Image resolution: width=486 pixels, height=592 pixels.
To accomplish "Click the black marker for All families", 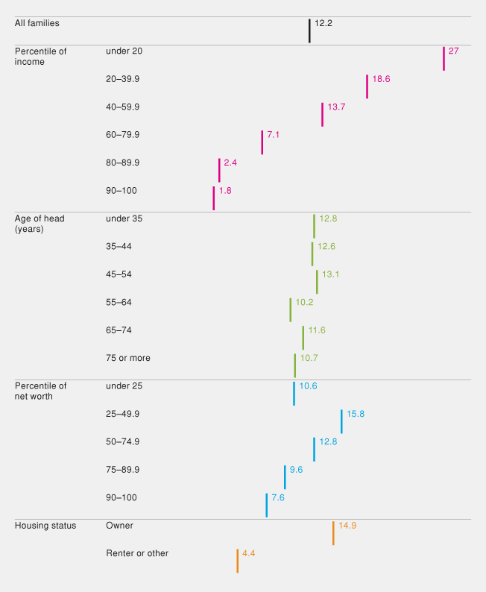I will [309, 31].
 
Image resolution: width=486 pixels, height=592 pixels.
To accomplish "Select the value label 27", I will [453, 51].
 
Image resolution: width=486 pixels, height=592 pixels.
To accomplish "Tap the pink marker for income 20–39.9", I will [367, 86].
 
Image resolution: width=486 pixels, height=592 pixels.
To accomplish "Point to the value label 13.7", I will [336, 107].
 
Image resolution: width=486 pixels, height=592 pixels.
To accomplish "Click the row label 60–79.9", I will [123, 135].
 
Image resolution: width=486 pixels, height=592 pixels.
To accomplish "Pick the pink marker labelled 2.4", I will [219, 170].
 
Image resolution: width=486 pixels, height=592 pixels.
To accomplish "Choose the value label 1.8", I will [225, 191].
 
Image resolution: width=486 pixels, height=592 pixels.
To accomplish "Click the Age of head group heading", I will [40, 224].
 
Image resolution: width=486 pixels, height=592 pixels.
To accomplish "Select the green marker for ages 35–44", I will [312, 254].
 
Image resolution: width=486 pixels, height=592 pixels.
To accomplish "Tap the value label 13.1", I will [330, 274].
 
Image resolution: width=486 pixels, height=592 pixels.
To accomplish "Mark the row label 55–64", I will [120, 303].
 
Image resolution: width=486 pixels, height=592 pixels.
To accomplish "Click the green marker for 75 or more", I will [295, 365].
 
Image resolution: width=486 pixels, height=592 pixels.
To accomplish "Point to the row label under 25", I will [124, 386].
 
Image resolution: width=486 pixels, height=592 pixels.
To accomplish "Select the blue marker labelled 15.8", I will [341, 421].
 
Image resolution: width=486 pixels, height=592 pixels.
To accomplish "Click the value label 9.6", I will [296, 470].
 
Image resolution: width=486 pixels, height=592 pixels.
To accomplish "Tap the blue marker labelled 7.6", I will [266, 505].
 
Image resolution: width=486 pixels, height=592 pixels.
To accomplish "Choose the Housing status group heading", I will [45, 526].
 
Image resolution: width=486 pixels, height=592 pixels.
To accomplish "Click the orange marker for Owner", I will [333, 533].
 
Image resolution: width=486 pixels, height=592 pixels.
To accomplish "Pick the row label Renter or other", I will [137, 553].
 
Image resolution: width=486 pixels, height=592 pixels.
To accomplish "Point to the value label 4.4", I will [249, 553].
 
